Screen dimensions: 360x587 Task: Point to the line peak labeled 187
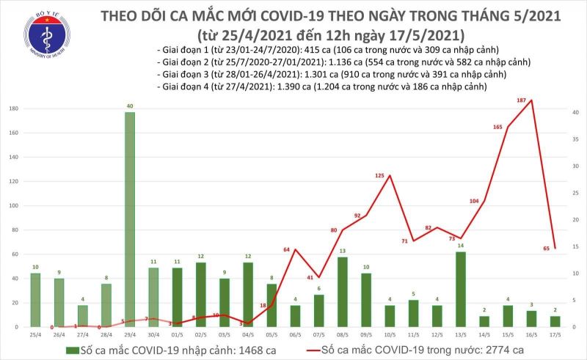pos(531,100)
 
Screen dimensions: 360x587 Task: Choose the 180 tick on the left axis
pos(12,109)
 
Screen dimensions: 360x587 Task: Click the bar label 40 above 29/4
pos(129,106)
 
